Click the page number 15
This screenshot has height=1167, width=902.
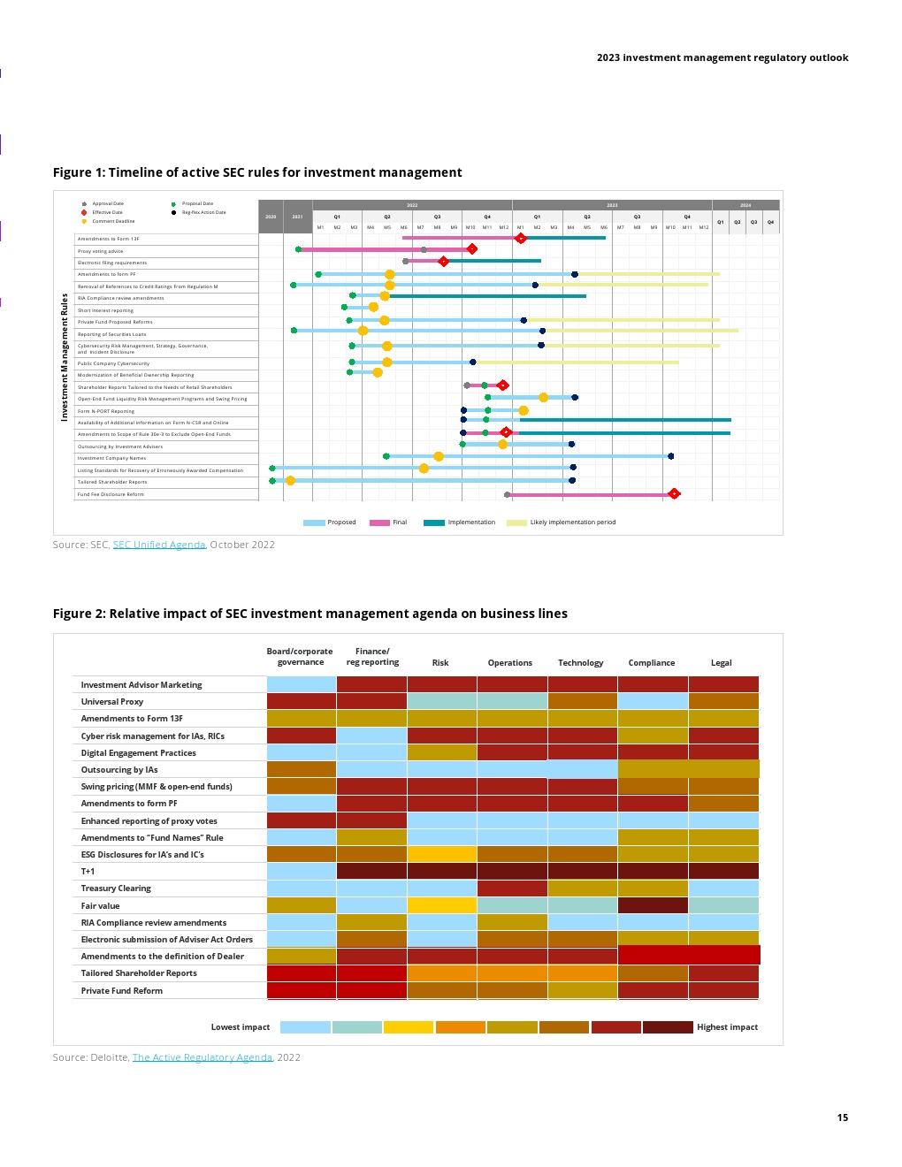click(842, 1117)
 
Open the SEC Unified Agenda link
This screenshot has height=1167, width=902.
click(159, 545)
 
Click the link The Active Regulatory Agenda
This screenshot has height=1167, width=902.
click(203, 1057)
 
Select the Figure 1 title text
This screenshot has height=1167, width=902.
click(257, 172)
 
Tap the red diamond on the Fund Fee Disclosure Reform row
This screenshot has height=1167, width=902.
click(674, 493)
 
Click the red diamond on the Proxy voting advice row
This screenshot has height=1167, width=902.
click(472, 249)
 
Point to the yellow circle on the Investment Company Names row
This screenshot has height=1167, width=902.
click(439, 456)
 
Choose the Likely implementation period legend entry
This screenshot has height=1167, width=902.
click(572, 522)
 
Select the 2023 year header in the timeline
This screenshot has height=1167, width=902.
click(612, 205)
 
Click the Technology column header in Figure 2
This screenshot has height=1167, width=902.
click(580, 663)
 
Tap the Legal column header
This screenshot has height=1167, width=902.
click(722, 663)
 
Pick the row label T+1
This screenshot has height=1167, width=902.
click(88, 872)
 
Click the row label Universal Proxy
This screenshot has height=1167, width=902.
click(112, 702)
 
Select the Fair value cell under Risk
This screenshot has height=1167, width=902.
click(441, 905)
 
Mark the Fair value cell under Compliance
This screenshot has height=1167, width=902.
click(653, 905)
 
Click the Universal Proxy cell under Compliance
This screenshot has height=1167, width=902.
click(653, 701)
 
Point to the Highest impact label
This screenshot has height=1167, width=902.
click(727, 1027)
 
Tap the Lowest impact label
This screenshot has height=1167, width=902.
click(241, 1027)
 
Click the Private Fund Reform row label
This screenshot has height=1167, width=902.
click(122, 991)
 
